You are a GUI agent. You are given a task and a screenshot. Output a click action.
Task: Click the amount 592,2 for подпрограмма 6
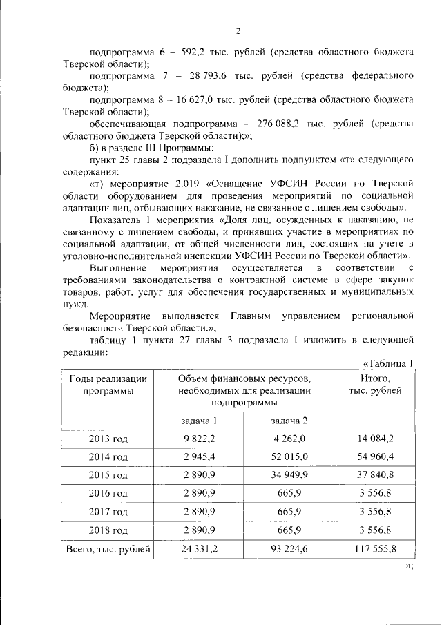(186, 52)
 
